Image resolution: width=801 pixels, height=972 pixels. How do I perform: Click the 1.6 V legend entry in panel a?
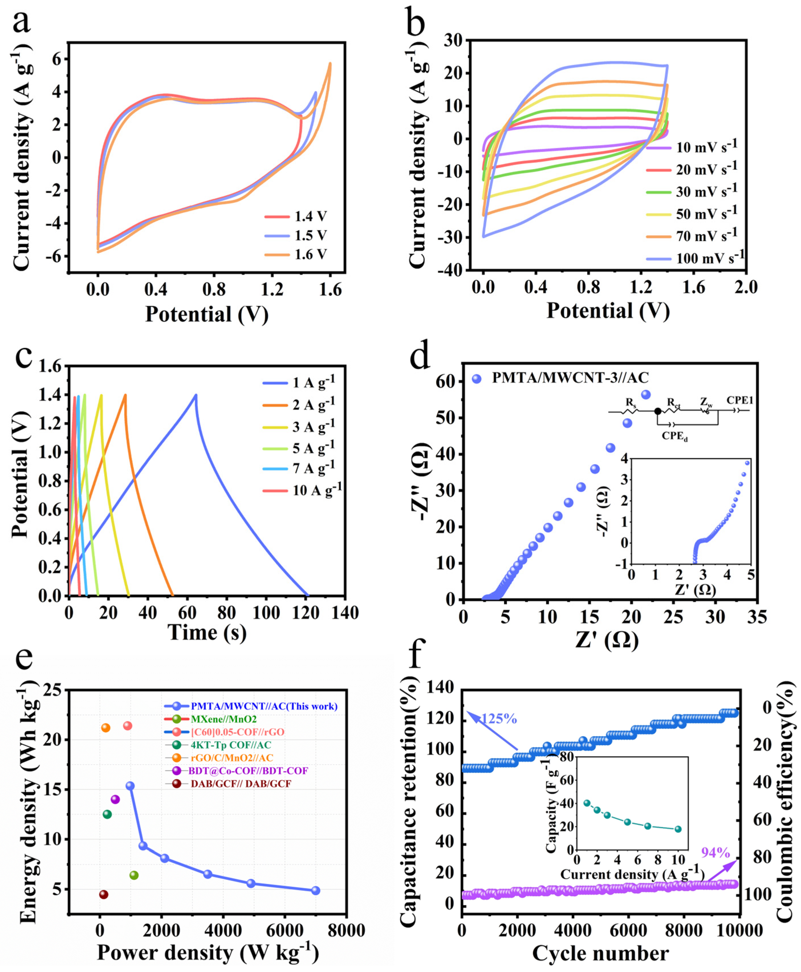tap(310, 254)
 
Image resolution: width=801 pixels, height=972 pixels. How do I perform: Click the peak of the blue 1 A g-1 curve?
tap(196, 395)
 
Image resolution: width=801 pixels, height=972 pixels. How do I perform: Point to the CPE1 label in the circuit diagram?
tap(740, 400)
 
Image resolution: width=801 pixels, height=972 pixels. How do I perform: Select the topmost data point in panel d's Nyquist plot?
tap(646, 395)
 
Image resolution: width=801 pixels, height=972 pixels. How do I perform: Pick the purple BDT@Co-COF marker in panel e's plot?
tap(115, 800)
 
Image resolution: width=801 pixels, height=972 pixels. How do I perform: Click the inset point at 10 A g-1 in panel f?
tap(678, 829)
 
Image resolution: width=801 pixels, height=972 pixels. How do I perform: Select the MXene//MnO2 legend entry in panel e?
tap(223, 719)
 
